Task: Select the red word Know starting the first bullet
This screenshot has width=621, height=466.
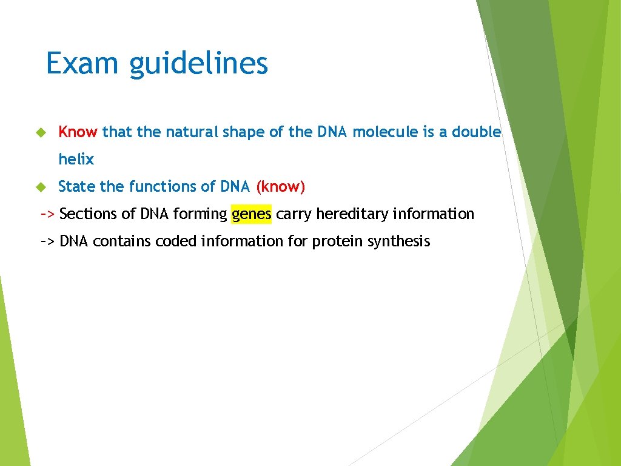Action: [x=78, y=132]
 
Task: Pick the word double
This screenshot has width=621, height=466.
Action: [x=477, y=132]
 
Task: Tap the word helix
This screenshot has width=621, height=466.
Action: [x=76, y=159]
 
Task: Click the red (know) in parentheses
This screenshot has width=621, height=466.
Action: [x=280, y=186]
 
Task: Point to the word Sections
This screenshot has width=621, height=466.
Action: [x=84, y=214]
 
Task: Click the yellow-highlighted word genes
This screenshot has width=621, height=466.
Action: [x=252, y=214]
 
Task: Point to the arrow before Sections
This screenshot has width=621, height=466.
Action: [x=48, y=214]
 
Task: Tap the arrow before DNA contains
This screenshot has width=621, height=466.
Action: [x=48, y=241]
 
